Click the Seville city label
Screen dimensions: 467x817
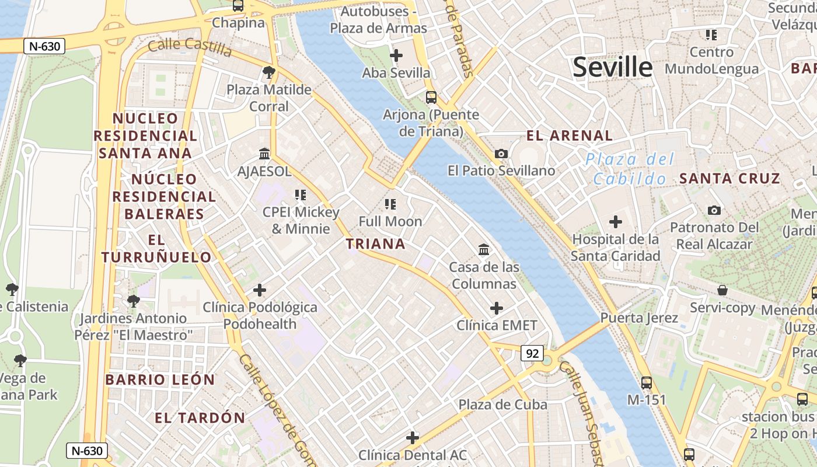click(x=612, y=67)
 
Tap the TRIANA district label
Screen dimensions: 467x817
click(x=376, y=243)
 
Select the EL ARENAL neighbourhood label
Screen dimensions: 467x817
click(x=570, y=136)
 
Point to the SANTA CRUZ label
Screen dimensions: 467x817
click(x=729, y=179)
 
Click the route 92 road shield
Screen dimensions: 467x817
click(x=532, y=353)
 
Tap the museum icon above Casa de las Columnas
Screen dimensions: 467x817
click(x=484, y=250)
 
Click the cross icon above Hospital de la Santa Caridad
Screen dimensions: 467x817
click(x=615, y=222)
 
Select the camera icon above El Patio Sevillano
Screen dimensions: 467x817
click(x=501, y=154)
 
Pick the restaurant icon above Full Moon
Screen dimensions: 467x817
click(x=390, y=204)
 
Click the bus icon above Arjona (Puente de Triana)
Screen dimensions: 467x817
click(x=431, y=97)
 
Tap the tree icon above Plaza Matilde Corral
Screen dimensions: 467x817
click(x=269, y=72)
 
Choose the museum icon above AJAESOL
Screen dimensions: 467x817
click(x=264, y=154)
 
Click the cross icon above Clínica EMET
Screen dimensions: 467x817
click(x=497, y=308)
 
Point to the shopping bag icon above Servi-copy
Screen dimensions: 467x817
click(x=722, y=290)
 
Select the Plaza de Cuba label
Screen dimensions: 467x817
click(x=502, y=405)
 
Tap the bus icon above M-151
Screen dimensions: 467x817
click(x=647, y=383)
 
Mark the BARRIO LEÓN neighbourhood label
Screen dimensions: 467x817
click(x=160, y=379)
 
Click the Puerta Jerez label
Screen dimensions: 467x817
click(x=639, y=318)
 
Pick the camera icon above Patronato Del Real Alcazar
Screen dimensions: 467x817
click(x=714, y=210)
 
